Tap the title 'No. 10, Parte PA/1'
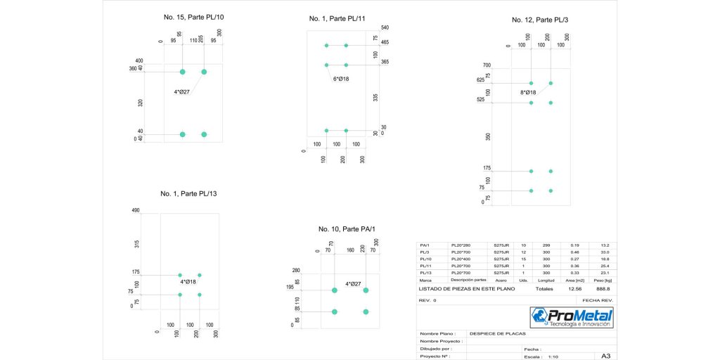click(347, 229)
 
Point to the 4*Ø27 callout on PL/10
click(182, 91)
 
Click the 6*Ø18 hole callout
click(341, 79)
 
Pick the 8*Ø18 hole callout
click(528, 92)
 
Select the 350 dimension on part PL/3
click(488, 136)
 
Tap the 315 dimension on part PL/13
click(136, 243)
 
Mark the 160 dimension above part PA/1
click(349, 249)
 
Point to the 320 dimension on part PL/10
click(141, 103)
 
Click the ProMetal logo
click(572, 317)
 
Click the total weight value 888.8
click(603, 288)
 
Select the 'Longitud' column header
click(546, 279)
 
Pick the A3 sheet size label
click(605, 356)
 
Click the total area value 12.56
click(575, 288)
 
